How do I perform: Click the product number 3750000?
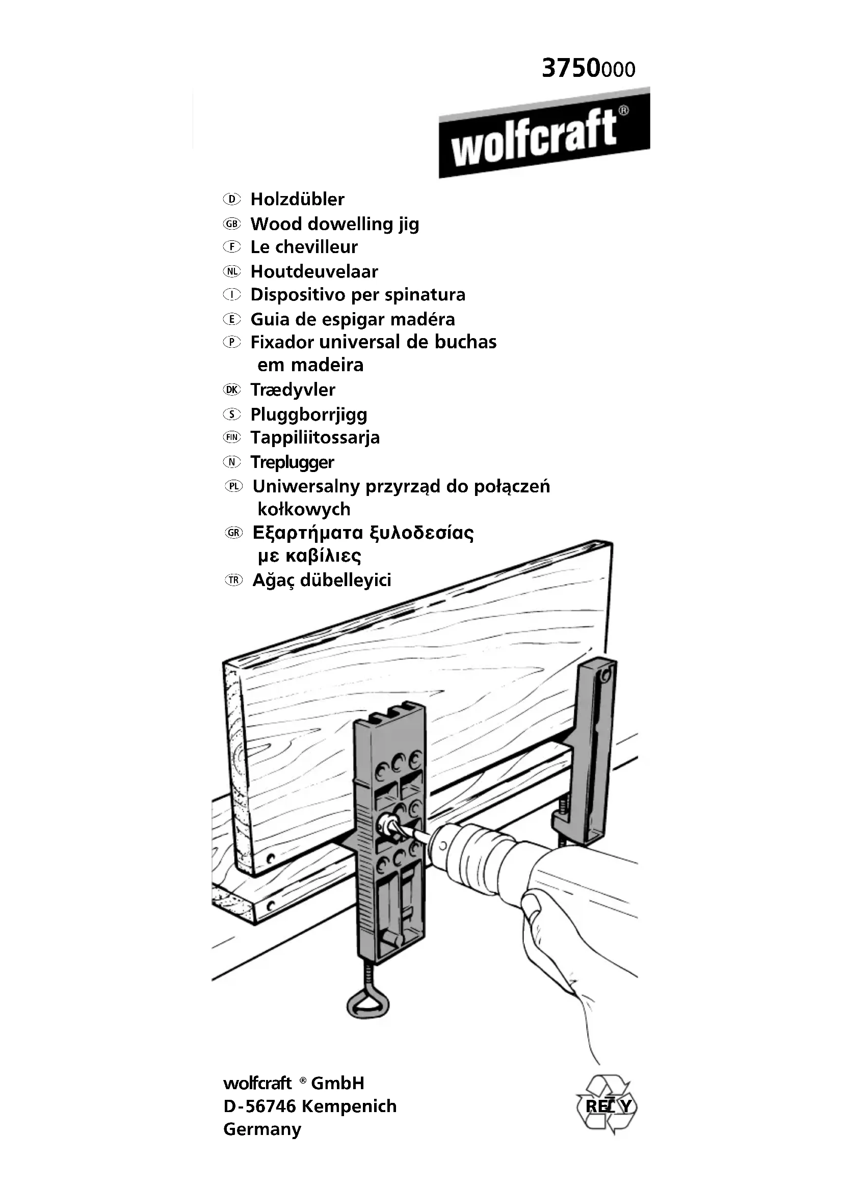coord(588,68)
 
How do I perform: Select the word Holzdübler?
coord(298,199)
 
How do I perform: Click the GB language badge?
coord(231,224)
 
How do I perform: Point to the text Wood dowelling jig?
coord(335,224)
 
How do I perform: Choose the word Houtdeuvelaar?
coord(314,271)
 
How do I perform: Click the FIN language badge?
coord(232,437)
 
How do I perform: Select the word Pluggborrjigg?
coord(309,414)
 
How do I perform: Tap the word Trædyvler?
coord(293,390)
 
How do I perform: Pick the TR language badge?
coord(233,580)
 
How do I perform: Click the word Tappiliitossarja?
coord(315,437)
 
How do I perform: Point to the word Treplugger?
coord(292,462)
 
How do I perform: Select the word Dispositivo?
coord(298,295)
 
